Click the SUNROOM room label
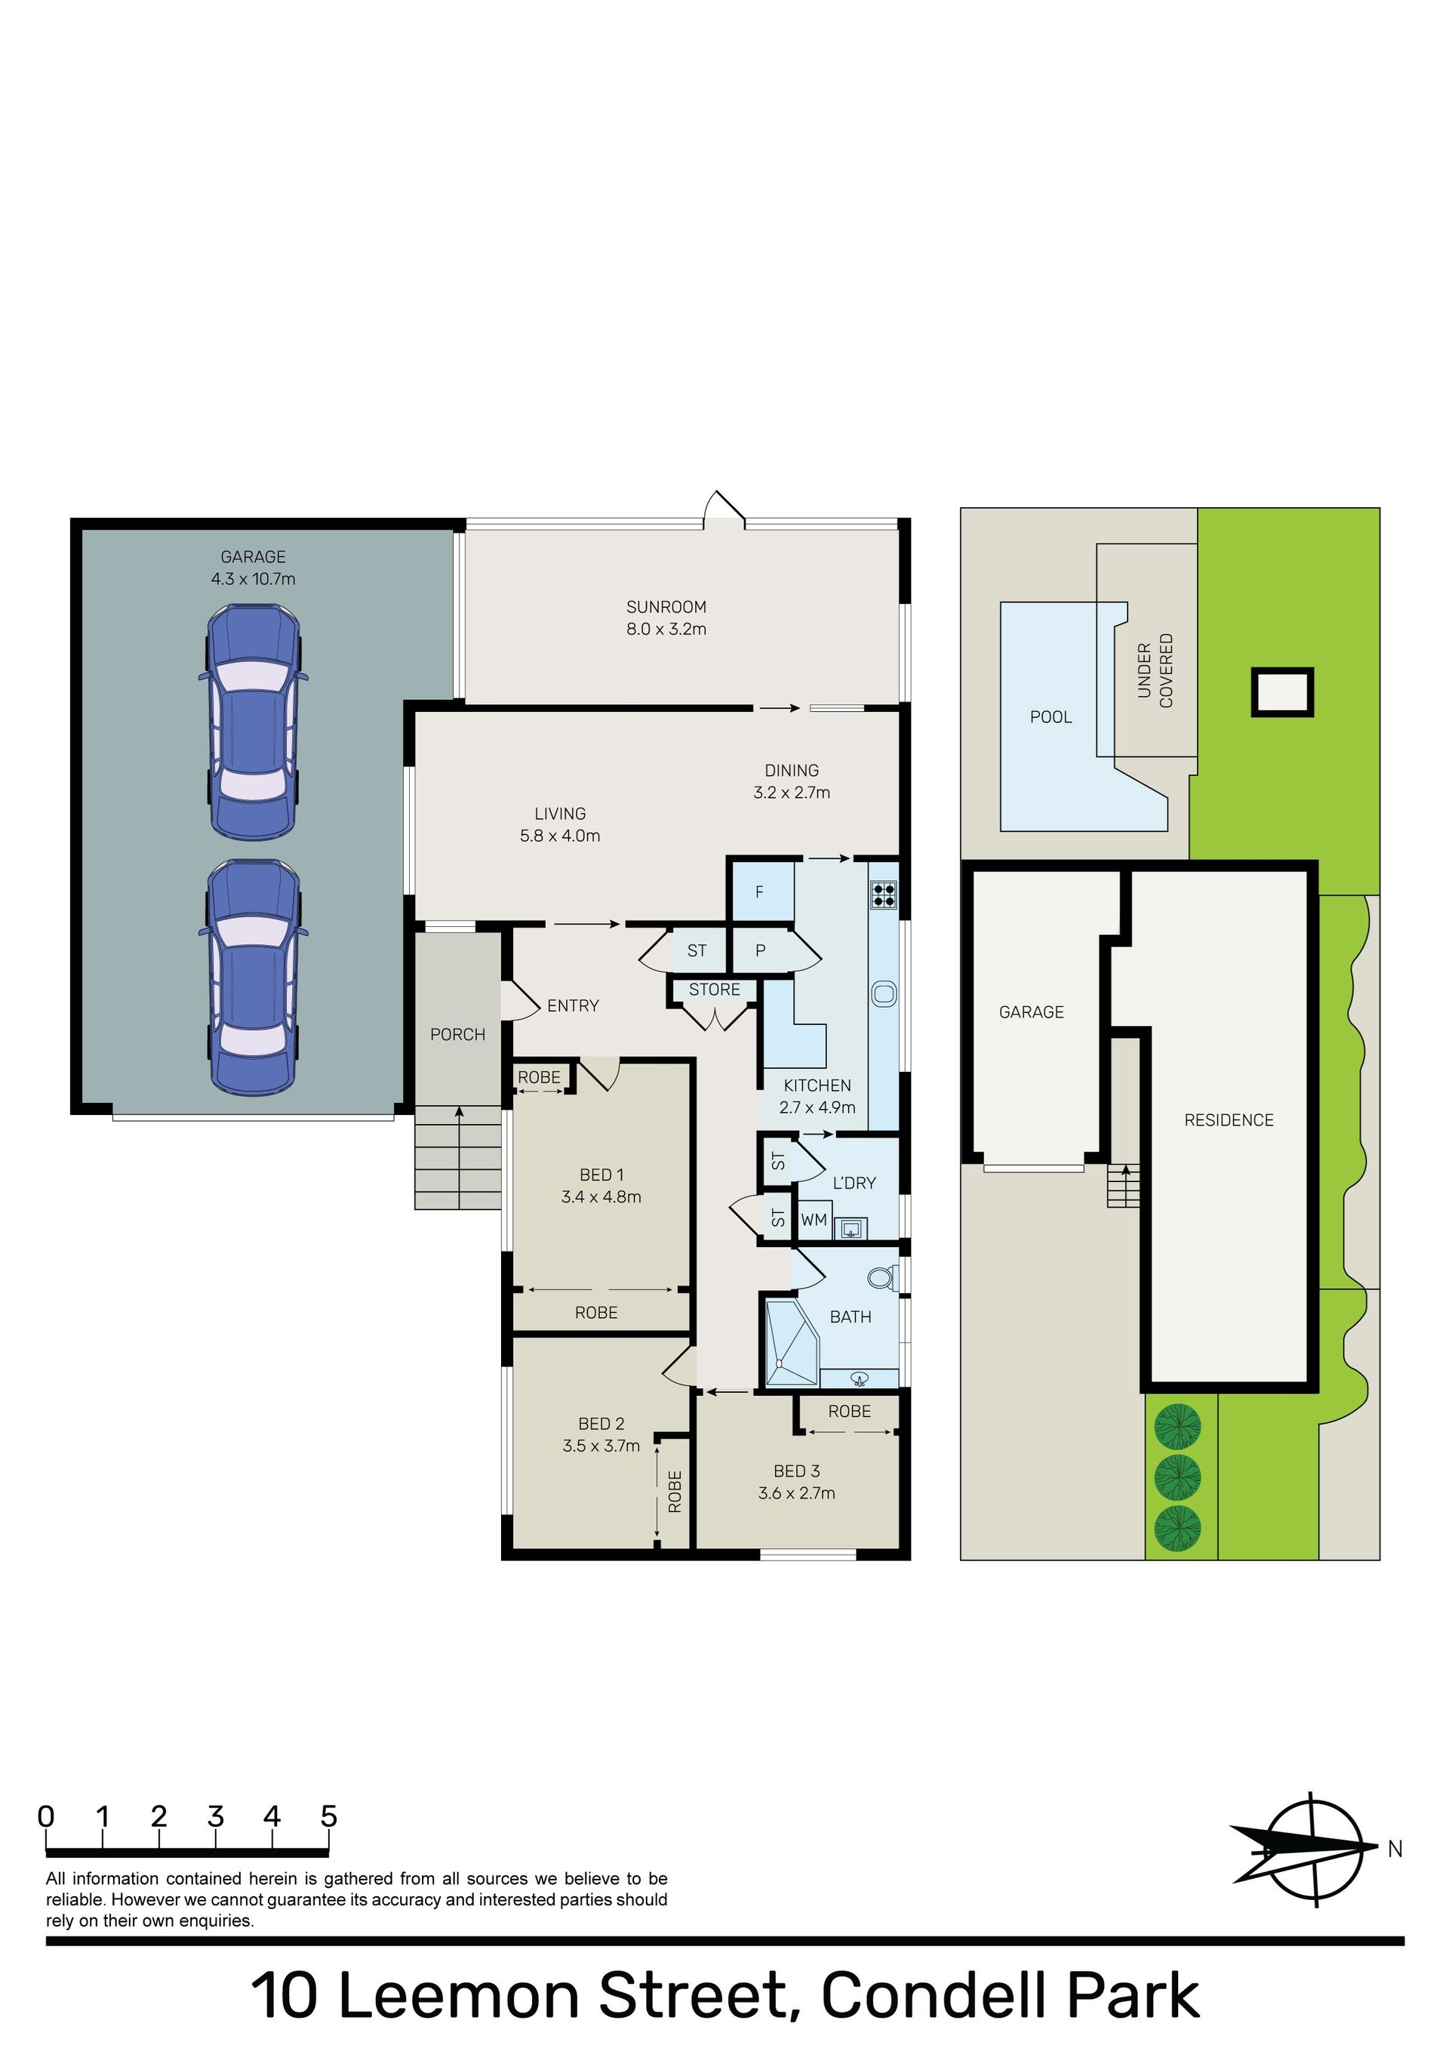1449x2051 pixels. click(666, 607)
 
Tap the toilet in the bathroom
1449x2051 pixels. click(881, 1277)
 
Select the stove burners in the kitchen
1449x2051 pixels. click(884, 895)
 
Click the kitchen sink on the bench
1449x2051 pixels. click(884, 993)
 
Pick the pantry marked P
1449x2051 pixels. click(760, 950)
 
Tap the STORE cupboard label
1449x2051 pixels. click(714, 989)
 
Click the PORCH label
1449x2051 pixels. click(457, 1034)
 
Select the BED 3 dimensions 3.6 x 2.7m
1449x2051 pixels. click(796, 1492)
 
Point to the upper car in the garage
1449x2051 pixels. click(253, 722)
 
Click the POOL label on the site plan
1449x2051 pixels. click(1051, 716)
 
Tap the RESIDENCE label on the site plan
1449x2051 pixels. click(1229, 1120)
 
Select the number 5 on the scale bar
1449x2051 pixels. click(329, 1817)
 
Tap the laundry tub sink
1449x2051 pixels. click(851, 1228)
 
